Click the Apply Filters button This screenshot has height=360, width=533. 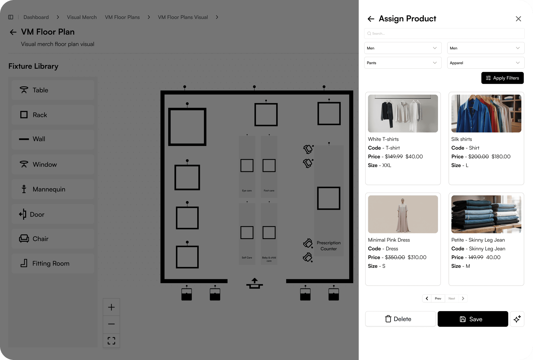pyautogui.click(x=502, y=78)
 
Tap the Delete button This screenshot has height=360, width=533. pyautogui.click(x=400, y=319)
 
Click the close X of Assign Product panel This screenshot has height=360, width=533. pyautogui.click(x=518, y=19)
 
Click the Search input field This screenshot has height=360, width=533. pyautogui.click(x=444, y=34)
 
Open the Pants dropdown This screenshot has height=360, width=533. pyautogui.click(x=403, y=63)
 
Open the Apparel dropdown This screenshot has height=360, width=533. pyautogui.click(x=486, y=63)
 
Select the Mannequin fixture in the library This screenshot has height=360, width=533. pyautogui.click(x=53, y=189)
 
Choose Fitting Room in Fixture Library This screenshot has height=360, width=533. pyautogui.click(x=53, y=263)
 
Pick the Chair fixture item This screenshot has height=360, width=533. pyautogui.click(x=53, y=239)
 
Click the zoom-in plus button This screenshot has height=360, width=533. pyautogui.click(x=111, y=307)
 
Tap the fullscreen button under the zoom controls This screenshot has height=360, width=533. pyautogui.click(x=111, y=341)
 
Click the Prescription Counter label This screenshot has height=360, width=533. pyautogui.click(x=329, y=246)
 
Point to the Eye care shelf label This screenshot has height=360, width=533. pyautogui.click(x=247, y=191)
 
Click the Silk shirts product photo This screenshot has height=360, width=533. pyautogui.click(x=486, y=113)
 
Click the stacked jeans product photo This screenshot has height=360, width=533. pyautogui.click(x=486, y=214)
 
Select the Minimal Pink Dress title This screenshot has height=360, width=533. pyautogui.click(x=389, y=240)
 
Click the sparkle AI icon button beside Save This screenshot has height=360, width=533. pyautogui.click(x=517, y=319)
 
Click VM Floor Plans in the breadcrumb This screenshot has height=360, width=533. pyautogui.click(x=122, y=17)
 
